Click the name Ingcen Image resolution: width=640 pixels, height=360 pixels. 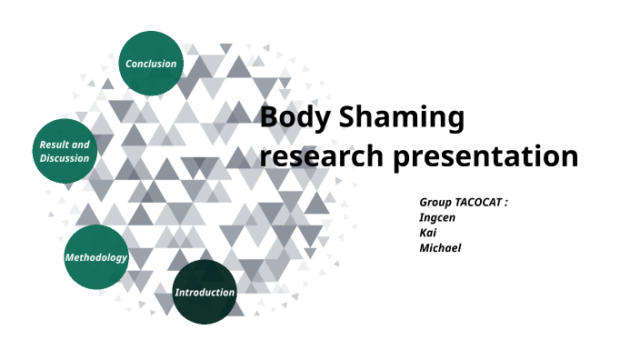point(436,217)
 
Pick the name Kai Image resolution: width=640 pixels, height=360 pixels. point(427,233)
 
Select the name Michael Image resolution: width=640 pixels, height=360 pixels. point(440,248)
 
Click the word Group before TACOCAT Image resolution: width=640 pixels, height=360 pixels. point(436,201)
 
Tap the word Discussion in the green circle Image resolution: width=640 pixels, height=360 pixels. point(65,158)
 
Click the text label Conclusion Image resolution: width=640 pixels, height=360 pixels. point(151,64)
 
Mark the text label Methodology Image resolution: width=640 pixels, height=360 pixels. point(95,257)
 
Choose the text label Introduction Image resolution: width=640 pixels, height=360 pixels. point(205,292)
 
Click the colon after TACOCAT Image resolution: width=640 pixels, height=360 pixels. point(505,202)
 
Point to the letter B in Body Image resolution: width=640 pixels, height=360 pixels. point(269,118)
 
